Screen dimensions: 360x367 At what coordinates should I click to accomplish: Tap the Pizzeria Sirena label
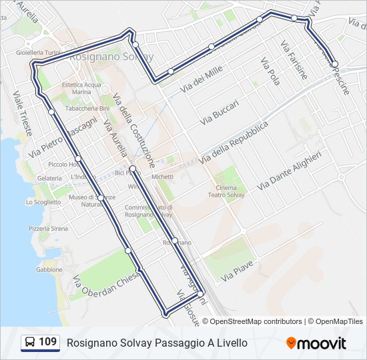[x=48, y=229]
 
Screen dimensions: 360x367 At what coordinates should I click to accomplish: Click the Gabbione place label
[x=49, y=270]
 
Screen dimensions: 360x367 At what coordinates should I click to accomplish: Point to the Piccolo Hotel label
[x=63, y=165]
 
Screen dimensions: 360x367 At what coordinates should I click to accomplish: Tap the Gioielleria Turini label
[x=39, y=52]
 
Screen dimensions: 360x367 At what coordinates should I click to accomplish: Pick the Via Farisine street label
[x=294, y=60]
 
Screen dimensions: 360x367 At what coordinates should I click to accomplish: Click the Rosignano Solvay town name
[x=111, y=57]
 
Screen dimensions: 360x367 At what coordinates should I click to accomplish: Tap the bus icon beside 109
[x=30, y=343]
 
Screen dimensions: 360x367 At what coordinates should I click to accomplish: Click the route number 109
[x=47, y=343]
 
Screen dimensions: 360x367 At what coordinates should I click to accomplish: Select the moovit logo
[x=316, y=343]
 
